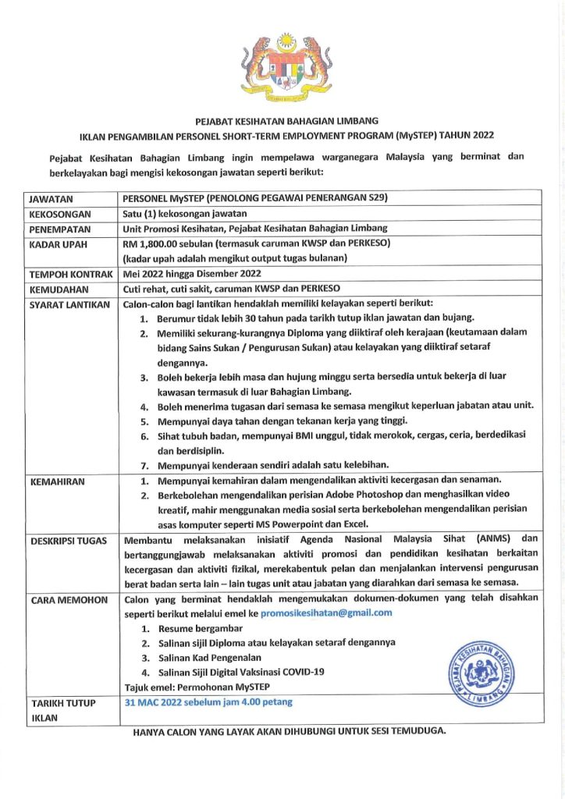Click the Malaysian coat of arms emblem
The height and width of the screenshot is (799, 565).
286,68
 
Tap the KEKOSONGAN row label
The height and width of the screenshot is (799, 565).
60,214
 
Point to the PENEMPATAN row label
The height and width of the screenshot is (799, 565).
61,229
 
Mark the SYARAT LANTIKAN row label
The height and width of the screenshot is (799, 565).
69,304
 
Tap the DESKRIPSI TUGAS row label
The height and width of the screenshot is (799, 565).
69,541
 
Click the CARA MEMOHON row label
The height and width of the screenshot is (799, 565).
65,600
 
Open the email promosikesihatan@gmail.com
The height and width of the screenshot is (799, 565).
326,613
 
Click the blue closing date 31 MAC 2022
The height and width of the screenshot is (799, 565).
208,702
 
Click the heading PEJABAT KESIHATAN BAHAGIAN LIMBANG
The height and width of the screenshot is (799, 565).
286,120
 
